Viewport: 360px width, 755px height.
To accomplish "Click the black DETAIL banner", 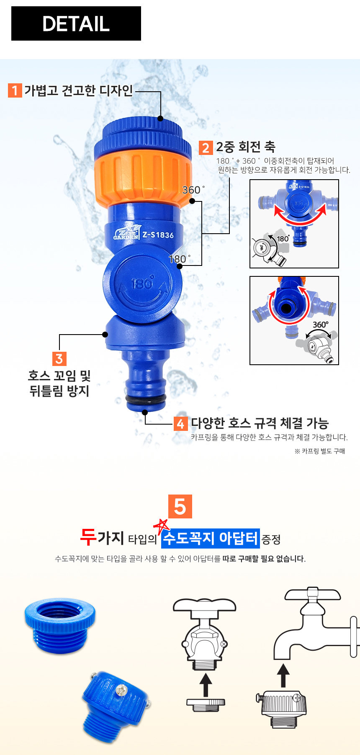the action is coord(76,23).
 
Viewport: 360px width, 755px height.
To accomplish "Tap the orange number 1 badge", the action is coord(15,90).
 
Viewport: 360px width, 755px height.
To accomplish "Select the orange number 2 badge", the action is coord(206,147).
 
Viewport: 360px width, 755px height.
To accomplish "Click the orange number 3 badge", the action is coord(59,359).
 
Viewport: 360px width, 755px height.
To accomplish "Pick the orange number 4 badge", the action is coord(180,424).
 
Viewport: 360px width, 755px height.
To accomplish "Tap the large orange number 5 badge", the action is coord(180,507).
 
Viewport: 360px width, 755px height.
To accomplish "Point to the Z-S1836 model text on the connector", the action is coord(158,235).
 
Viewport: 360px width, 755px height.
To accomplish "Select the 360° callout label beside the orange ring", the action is coord(193,190).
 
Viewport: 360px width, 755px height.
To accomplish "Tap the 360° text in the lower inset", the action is coord(321,325).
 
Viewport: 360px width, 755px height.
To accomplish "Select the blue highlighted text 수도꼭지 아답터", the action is coord(211,538).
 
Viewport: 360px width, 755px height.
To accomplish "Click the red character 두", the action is coord(88,537).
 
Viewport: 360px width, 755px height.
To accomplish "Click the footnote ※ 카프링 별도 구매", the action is coord(320,451).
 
